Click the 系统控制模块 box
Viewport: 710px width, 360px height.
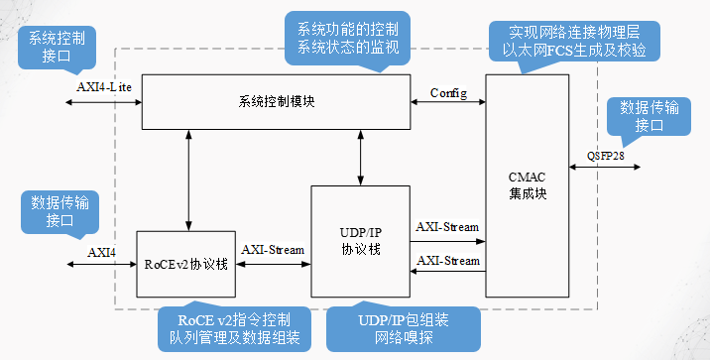(277, 101)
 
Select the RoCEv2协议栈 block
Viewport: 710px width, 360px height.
(185, 264)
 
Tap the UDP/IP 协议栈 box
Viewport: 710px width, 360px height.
(360, 241)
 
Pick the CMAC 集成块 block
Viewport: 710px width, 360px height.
(528, 185)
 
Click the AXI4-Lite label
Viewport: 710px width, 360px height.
(104, 86)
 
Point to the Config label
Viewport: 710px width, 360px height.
(448, 93)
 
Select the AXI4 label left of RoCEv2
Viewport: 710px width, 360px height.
(102, 252)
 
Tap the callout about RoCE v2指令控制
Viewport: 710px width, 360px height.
(234, 329)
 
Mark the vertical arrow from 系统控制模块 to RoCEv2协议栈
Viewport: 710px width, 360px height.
(186, 179)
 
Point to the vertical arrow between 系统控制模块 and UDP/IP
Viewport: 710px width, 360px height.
(361, 157)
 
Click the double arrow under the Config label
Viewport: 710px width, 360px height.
(448, 103)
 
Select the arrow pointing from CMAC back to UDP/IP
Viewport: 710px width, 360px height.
(447, 270)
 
